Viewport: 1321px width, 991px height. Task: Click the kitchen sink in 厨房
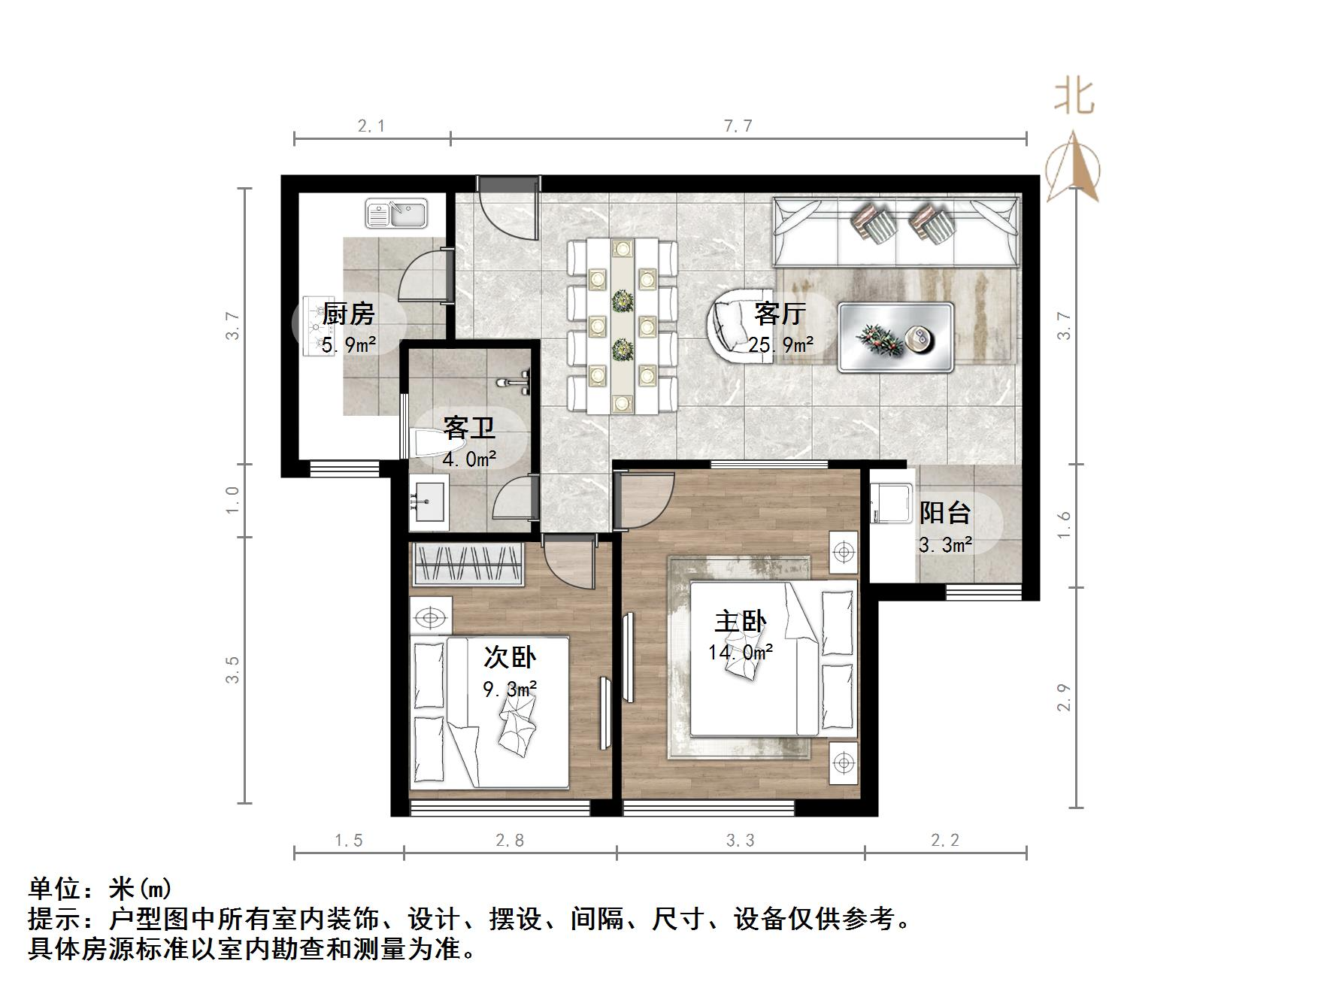tap(396, 214)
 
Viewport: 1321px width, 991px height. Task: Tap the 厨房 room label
tap(348, 314)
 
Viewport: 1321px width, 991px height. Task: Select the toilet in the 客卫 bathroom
tap(430, 444)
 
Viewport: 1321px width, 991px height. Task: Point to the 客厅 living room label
tap(780, 314)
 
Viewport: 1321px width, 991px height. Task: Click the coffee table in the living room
tap(895, 337)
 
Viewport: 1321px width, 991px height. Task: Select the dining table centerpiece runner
tap(622, 325)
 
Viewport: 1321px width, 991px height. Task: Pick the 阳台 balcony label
tap(944, 513)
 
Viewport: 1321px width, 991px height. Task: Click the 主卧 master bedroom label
tap(740, 622)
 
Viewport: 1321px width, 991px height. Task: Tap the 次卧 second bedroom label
tap(509, 658)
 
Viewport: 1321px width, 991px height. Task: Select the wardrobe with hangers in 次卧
tap(468, 564)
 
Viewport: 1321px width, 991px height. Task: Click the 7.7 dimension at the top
tap(738, 126)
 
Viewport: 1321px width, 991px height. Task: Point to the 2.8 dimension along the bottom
tap(510, 841)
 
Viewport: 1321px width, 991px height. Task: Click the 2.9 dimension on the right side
tap(1064, 697)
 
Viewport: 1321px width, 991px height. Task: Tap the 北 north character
tap(1073, 98)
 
